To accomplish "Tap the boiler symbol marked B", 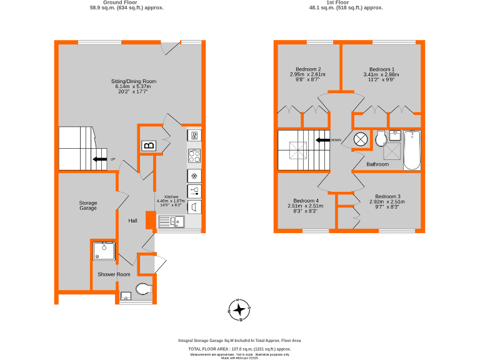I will (x=148, y=146).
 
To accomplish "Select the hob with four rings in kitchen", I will (x=194, y=156).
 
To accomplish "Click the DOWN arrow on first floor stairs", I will (x=322, y=140).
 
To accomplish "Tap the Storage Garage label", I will (x=88, y=205).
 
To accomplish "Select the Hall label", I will (x=133, y=221).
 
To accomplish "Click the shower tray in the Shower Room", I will (x=104, y=251).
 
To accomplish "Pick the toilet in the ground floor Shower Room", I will (x=143, y=288).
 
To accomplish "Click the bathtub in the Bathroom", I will (x=412, y=150).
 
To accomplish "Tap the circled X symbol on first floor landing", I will (x=361, y=139).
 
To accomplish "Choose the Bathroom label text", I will (x=377, y=164).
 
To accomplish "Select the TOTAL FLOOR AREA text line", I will (x=239, y=349).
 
